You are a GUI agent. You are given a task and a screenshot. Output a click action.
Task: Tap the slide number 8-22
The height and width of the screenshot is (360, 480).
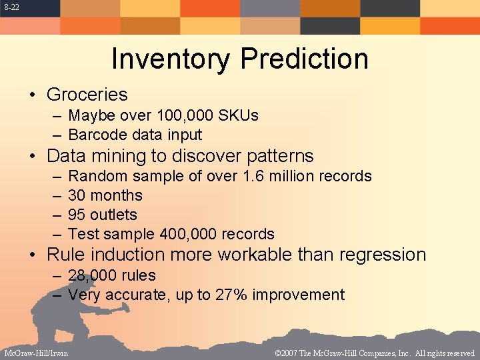point(10,7)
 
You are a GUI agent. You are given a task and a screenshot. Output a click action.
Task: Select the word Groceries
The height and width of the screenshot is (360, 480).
point(87,95)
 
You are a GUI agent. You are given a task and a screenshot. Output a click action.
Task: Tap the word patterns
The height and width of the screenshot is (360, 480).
point(280,157)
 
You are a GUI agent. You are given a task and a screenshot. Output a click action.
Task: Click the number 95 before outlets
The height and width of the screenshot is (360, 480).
point(77,215)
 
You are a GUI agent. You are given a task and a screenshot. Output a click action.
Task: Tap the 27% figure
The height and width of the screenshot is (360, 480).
point(230,295)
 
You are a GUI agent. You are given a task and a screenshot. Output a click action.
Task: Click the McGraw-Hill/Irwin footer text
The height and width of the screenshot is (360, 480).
point(35,353)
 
